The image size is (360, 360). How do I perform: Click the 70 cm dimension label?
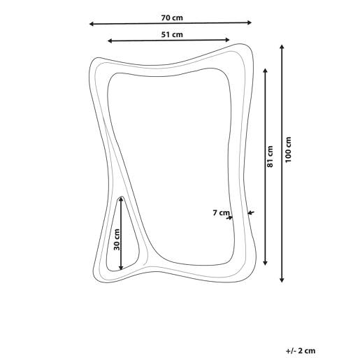172,17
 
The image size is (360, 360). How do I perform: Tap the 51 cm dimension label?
172,34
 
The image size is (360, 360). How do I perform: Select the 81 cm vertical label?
270,157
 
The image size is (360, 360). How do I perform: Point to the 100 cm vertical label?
288,150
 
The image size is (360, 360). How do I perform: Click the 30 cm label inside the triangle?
117,240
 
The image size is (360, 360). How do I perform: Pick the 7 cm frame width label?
221,213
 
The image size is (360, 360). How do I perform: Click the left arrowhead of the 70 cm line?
92,24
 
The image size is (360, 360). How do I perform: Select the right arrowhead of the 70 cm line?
250,22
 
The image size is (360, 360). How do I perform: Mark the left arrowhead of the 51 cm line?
110,41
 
